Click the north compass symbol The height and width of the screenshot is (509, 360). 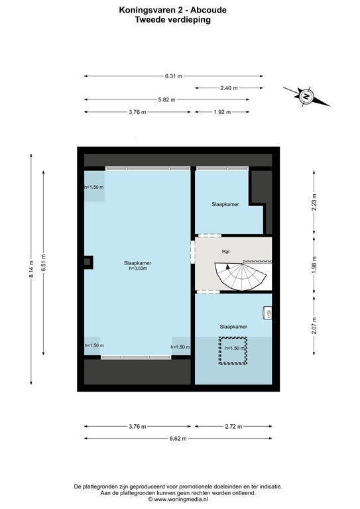tap(306, 96)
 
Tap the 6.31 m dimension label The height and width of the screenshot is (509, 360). tap(174, 76)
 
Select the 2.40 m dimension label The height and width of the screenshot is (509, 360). tap(229, 88)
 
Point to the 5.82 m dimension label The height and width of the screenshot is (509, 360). tap(166, 99)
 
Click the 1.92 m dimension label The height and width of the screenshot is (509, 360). tap(222, 112)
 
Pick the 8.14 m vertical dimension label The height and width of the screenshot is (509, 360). tap(31, 269)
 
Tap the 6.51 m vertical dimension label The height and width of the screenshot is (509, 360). tap(44, 262)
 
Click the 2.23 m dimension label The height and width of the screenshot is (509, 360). tap(314, 202)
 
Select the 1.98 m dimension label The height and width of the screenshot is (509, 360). tap(314, 265)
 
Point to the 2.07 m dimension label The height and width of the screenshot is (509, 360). tap(314, 326)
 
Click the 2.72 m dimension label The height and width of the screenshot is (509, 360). tap(233, 427)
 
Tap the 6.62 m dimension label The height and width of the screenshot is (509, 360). tap(178, 439)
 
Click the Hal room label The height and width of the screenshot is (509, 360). tap(225, 252)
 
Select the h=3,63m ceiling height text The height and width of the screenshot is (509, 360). tap(138, 268)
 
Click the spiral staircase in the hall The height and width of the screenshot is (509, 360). tap(240, 276)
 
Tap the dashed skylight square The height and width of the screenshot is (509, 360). tap(233, 351)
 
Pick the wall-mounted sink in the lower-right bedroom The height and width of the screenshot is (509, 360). tap(267, 313)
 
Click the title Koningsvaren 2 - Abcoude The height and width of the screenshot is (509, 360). tap(172, 10)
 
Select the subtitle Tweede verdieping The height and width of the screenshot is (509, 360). tap(172, 20)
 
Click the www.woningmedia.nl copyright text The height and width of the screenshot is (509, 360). tap(178, 500)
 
